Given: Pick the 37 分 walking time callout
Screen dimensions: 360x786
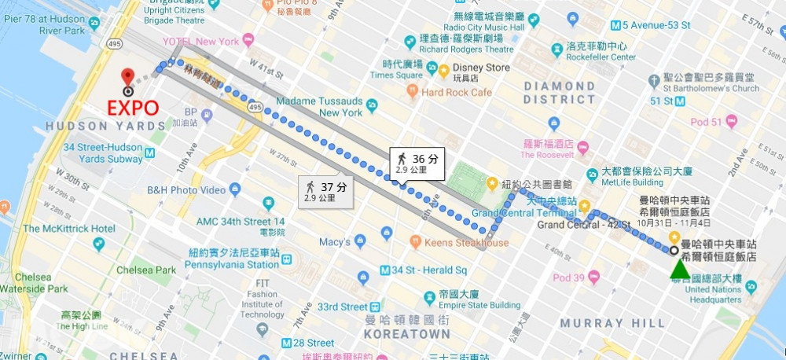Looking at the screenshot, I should (325, 191).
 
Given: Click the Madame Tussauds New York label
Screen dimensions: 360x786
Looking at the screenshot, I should (319, 107).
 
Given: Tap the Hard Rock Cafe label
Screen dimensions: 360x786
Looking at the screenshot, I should (456, 93).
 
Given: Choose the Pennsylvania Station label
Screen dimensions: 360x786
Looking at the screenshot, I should (233, 265).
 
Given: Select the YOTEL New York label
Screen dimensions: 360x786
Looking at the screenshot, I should (201, 40).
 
